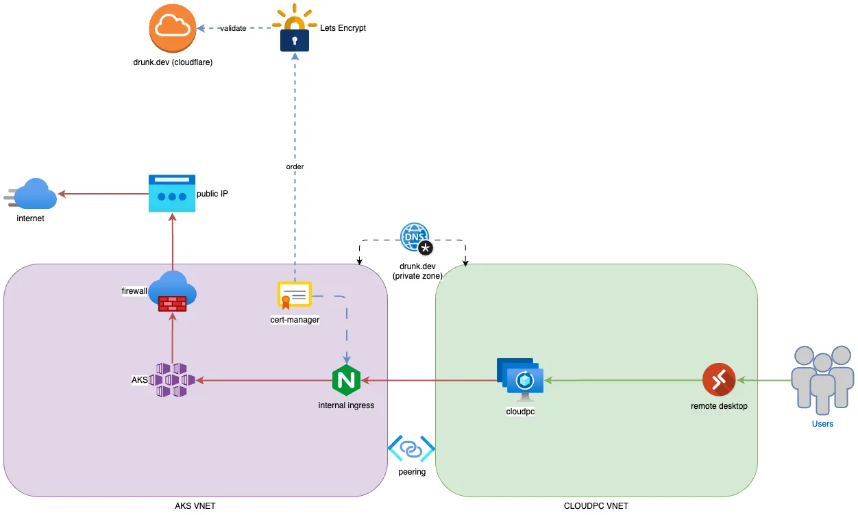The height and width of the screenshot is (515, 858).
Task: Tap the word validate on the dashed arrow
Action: point(233,28)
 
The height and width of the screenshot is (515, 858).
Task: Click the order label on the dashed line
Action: point(295,166)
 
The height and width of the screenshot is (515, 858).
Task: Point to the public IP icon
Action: point(172,194)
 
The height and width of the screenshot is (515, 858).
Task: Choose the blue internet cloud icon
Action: point(34,194)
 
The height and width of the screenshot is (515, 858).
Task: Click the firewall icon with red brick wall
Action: point(172,292)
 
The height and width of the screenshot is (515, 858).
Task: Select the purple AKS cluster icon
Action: point(172,380)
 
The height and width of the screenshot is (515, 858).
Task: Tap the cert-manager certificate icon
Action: point(294,295)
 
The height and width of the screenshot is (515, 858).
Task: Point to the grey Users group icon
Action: point(822,379)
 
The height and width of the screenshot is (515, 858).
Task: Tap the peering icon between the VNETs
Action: point(411,449)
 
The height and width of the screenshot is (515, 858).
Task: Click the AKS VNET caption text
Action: point(195,506)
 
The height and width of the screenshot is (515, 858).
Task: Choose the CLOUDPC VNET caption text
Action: point(596,506)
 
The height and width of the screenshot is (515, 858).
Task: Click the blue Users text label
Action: point(822,424)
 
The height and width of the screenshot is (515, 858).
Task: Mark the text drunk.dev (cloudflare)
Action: point(173,62)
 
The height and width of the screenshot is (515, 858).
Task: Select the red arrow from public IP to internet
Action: point(103,194)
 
